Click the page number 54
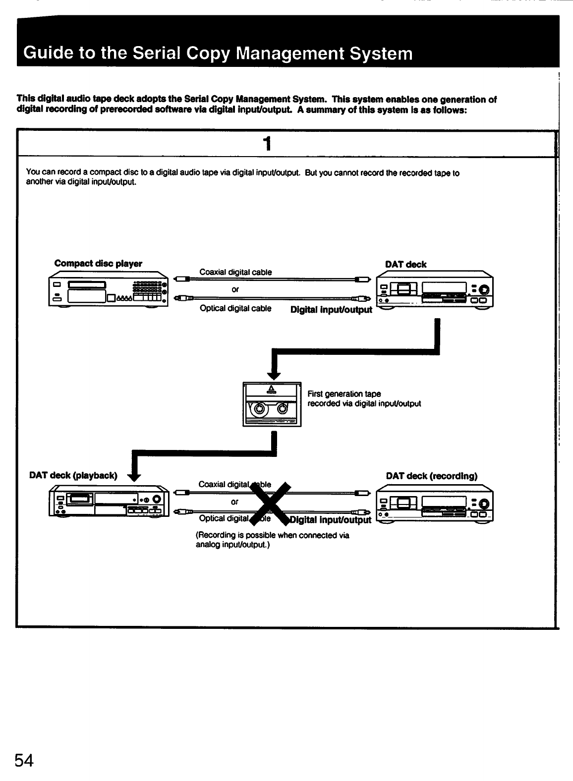pos(24,760)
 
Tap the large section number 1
pos(267,144)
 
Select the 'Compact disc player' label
pos(98,264)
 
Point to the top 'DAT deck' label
pos(405,265)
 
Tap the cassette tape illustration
pos(272,404)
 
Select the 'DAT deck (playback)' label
pos(73,475)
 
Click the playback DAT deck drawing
pos(109,501)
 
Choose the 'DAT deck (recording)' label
pos(431,476)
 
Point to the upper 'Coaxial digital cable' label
pos(235,272)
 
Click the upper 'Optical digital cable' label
pos(235,308)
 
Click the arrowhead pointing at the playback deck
pos(134,477)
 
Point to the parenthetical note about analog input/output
pos(273,540)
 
